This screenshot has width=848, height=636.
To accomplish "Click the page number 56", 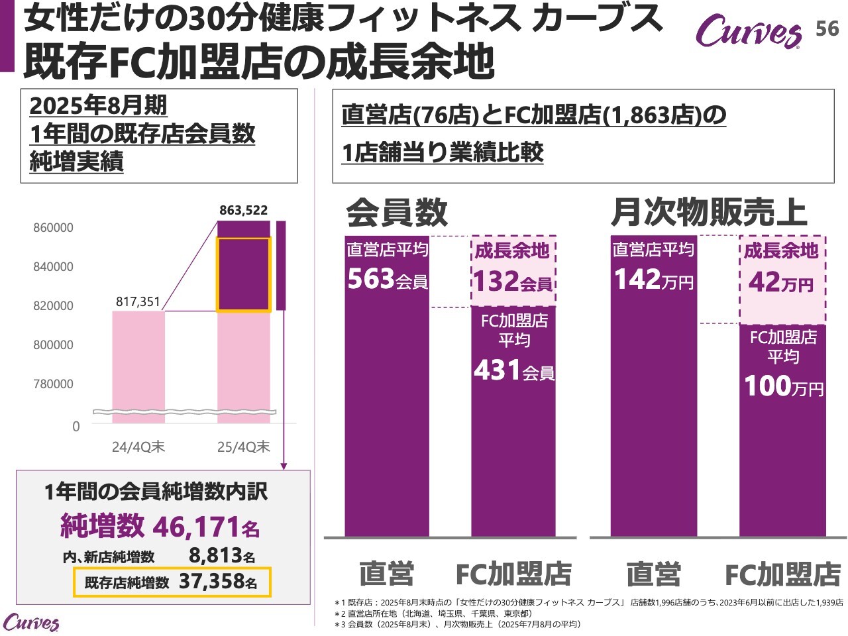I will (827, 28).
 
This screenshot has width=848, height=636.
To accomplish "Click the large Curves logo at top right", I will (748, 31).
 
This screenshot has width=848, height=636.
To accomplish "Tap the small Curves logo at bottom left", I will (30, 623).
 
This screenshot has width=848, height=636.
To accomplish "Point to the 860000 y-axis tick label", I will (53, 228).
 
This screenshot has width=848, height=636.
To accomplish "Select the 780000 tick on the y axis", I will (53, 384).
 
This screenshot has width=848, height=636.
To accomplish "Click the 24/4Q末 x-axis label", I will (138, 447).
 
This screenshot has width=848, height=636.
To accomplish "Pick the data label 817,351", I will (138, 302).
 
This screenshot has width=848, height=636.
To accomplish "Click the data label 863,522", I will (244, 211).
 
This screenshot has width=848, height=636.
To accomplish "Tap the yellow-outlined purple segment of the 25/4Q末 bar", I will (244, 274).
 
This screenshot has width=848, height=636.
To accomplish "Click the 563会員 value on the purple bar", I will (388, 280).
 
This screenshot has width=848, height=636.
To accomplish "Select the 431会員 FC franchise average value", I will (514, 370).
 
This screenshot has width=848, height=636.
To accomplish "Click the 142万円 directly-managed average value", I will (653, 280).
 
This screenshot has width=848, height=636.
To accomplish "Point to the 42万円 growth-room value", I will (782, 283).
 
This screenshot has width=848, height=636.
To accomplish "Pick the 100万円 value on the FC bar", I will (783, 386).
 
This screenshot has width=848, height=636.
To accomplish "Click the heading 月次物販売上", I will (708, 212).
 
